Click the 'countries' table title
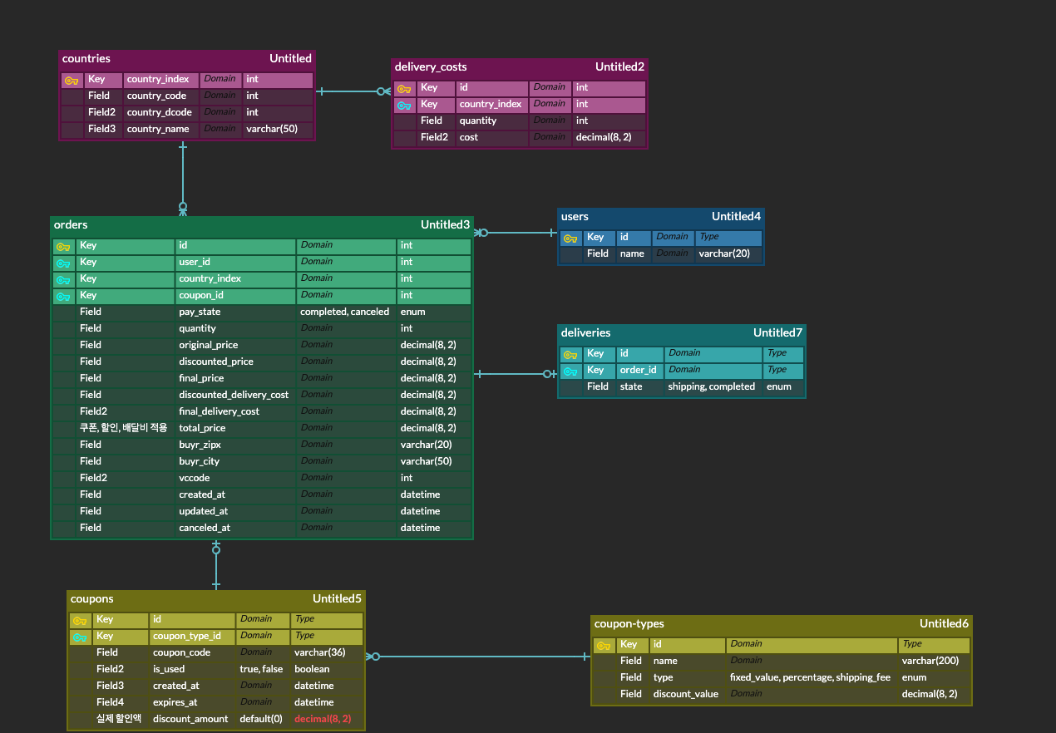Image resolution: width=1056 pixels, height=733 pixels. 86,59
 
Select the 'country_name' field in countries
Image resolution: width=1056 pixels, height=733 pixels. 158,129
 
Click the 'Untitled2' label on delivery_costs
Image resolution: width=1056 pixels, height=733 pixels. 619,66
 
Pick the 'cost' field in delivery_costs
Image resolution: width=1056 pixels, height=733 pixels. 469,137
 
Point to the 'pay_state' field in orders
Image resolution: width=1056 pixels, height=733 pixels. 200,312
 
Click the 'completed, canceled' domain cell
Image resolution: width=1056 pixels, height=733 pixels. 344,312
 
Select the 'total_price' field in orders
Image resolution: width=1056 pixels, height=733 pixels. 202,428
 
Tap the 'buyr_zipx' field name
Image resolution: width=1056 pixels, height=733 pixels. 200,445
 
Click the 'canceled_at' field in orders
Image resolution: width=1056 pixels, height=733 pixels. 204,528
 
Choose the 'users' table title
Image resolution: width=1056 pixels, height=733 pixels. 575,217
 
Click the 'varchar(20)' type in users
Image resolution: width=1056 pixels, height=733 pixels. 724,253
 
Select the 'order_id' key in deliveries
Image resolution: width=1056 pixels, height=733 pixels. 638,370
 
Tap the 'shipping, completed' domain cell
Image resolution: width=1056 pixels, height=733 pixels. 711,386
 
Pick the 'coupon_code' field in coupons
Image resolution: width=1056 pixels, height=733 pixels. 181,652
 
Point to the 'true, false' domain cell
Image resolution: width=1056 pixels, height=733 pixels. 261,669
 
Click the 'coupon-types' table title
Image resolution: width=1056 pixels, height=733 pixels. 629,624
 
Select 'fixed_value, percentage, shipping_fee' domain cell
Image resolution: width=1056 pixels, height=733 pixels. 810,677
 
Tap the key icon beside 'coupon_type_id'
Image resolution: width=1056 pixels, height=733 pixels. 80,637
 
